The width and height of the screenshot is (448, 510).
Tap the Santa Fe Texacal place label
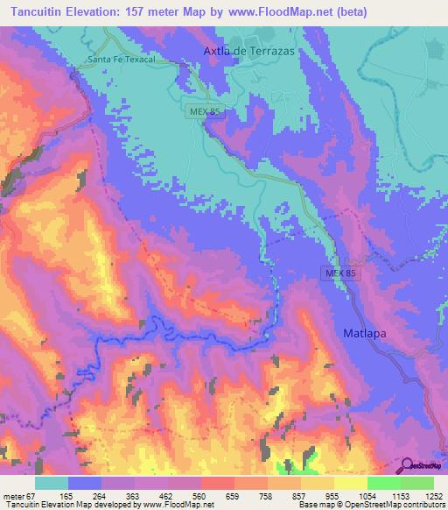(121, 60)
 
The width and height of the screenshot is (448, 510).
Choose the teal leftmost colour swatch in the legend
(52, 483)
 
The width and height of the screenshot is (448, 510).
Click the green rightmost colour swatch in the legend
(417, 483)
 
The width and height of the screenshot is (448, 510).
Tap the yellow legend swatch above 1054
(351, 483)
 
